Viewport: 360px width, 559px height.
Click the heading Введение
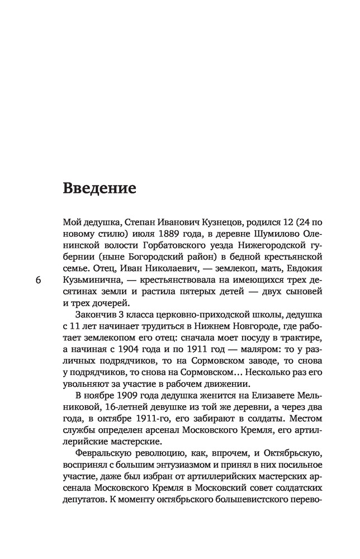pos(100,188)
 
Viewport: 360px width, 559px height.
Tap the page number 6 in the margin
pos(37,280)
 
